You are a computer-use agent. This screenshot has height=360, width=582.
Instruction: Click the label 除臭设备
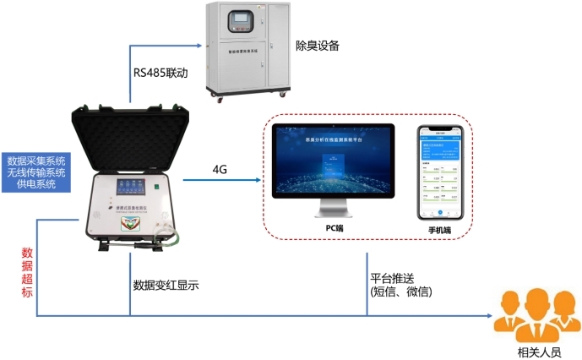tap(320, 44)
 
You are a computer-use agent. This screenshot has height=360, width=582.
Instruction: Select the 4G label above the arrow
tap(220, 169)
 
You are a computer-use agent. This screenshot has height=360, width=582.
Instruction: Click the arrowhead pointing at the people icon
tap(489, 317)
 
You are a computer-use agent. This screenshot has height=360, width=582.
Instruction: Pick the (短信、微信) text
tap(401, 292)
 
